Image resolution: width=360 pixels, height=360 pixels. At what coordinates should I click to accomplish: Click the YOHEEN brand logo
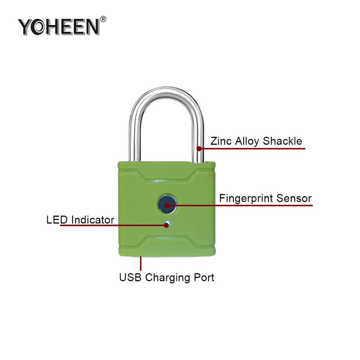(59, 27)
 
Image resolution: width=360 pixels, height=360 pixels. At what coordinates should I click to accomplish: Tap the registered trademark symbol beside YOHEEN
(103, 19)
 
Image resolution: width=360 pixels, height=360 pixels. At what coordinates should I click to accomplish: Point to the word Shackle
(282, 141)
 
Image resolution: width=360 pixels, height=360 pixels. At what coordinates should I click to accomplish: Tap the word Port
(203, 278)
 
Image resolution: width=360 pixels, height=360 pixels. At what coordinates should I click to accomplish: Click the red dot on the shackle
(199, 148)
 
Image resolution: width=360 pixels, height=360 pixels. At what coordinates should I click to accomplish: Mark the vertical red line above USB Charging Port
(141, 263)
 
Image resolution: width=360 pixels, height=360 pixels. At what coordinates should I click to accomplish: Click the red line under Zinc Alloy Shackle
(255, 148)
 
